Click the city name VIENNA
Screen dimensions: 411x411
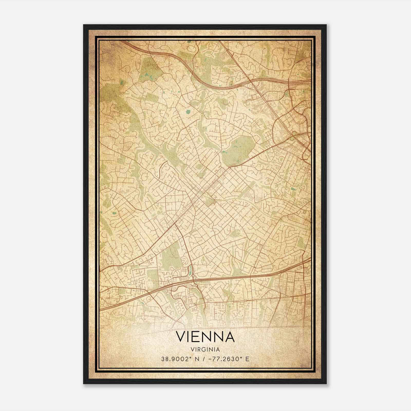coord(206,337)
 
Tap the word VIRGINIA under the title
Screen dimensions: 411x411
coord(206,350)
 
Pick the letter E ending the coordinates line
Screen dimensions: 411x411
coord(247,359)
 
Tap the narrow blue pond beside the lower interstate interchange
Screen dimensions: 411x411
coord(190,270)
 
